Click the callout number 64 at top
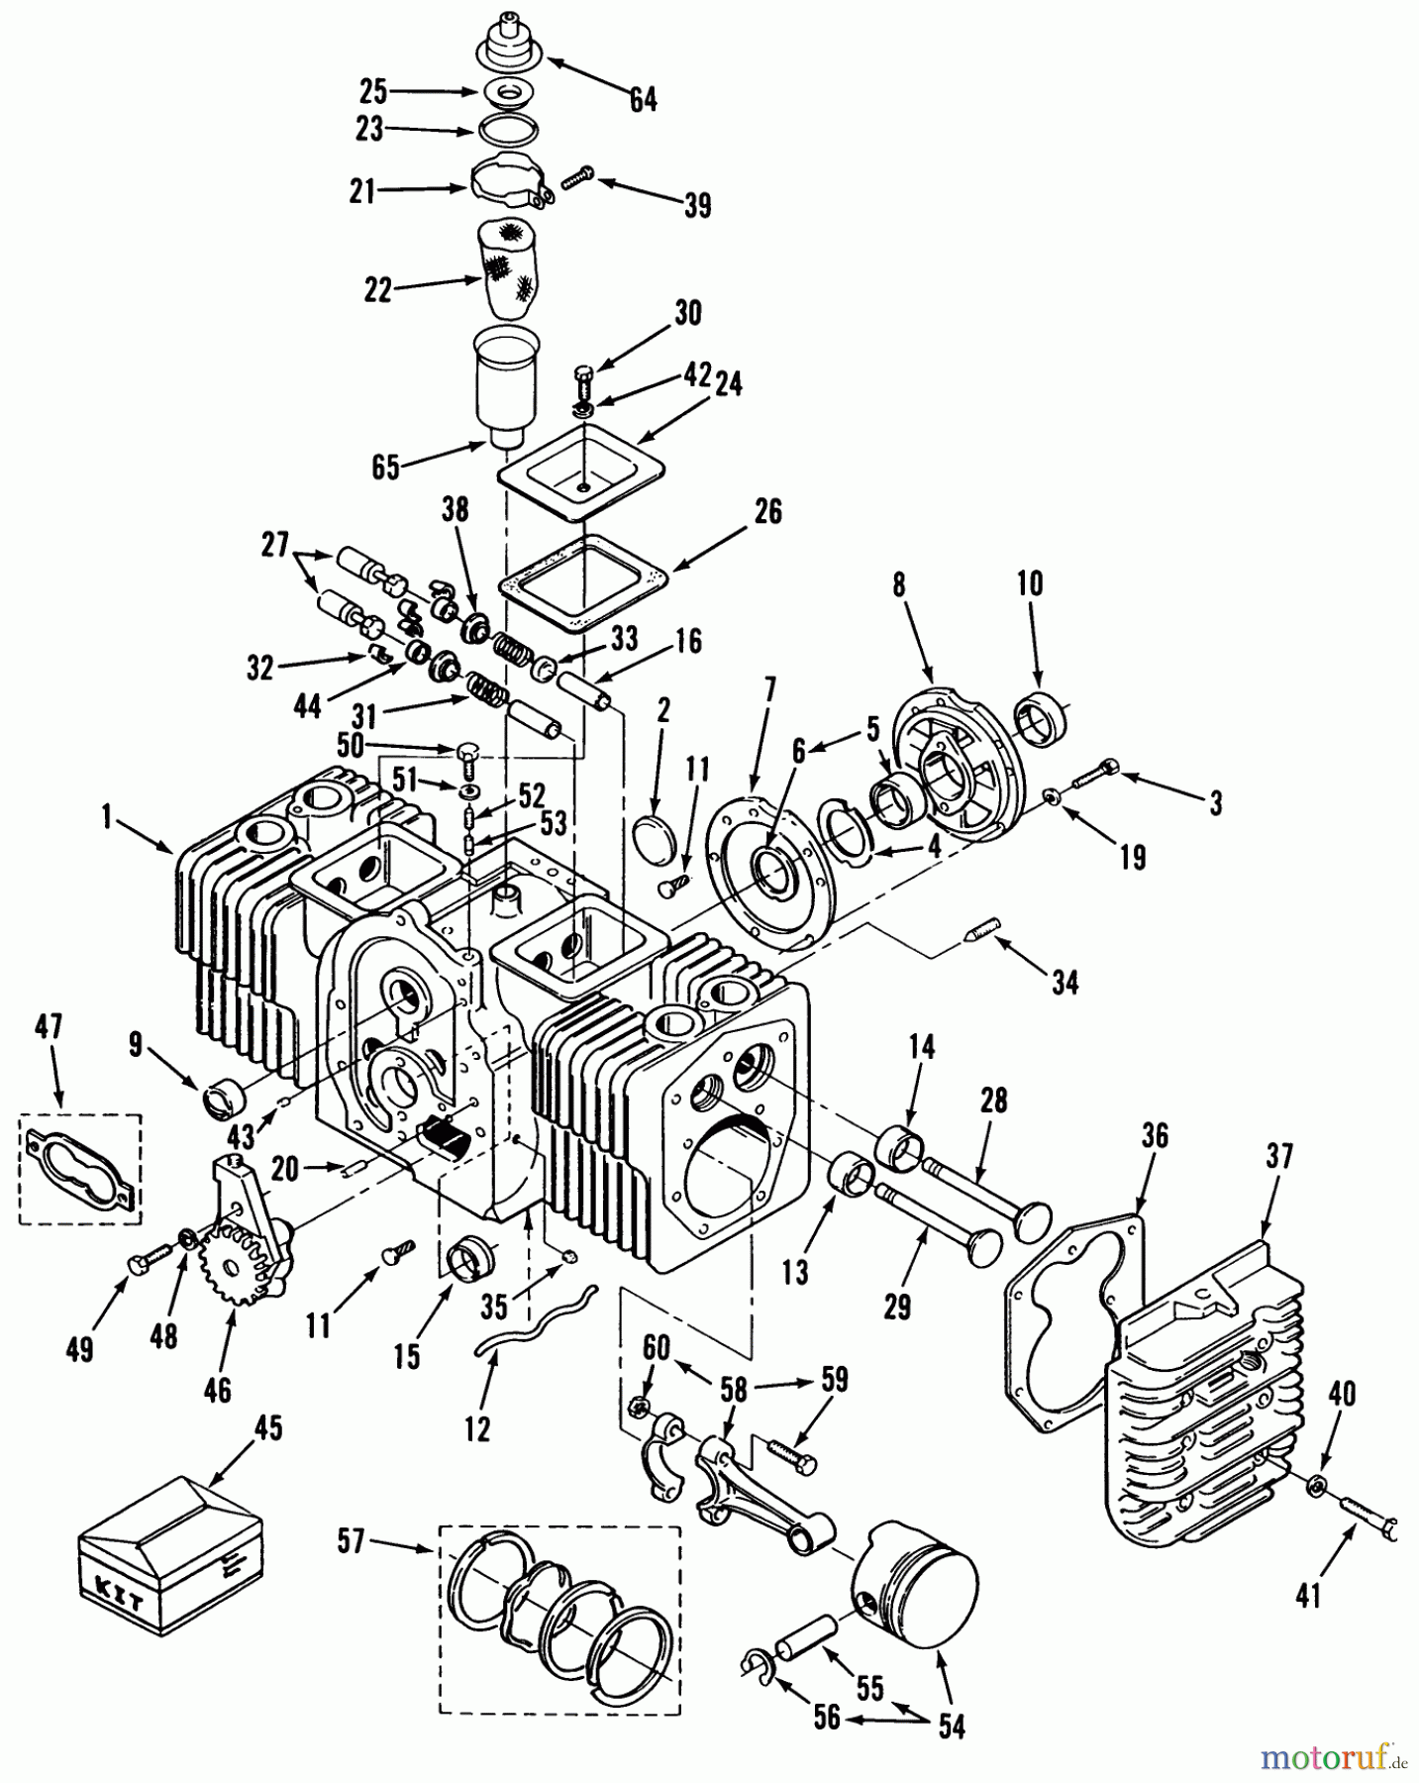coord(643,99)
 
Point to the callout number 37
coord(1279,1157)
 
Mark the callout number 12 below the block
coord(477,1428)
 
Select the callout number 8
coord(898,584)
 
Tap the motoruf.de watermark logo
coord(1334,1759)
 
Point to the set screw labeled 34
coord(979,930)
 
